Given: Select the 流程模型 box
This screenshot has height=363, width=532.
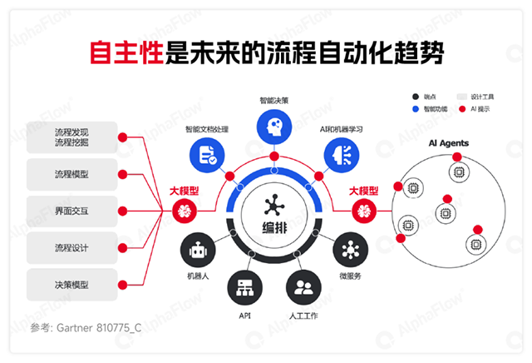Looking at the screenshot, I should [x=71, y=175].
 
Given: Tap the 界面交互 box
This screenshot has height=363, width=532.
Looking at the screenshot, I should [x=71, y=211].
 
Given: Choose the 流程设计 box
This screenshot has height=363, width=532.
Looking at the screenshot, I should [x=71, y=248].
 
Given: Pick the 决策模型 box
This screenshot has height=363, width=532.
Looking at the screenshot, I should [x=71, y=285].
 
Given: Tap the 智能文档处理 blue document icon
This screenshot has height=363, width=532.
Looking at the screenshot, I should [x=206, y=154].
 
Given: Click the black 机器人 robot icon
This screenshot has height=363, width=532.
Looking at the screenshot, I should [x=197, y=250].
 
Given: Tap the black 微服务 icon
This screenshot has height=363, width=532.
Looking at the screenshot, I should [x=350, y=250].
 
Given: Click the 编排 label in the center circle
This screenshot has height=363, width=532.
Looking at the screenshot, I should [x=273, y=227].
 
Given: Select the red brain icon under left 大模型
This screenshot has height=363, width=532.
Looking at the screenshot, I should [x=184, y=211].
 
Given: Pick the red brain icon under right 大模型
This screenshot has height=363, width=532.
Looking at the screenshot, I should [x=363, y=211].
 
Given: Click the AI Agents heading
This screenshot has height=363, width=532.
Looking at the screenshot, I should [x=448, y=143].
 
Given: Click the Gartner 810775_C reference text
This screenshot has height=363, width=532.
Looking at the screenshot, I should [x=84, y=327].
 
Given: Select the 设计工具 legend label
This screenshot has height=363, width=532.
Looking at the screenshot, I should [x=481, y=97].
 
